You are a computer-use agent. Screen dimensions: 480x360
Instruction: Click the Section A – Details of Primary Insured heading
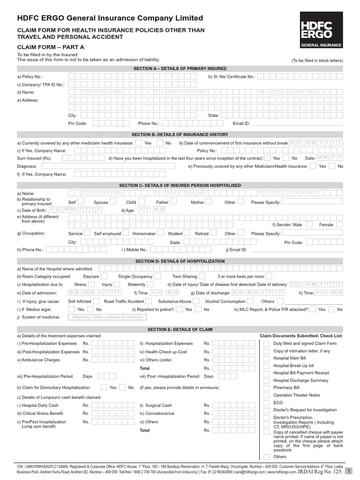(x=180, y=68)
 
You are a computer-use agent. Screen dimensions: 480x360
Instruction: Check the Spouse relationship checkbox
(x=113, y=202)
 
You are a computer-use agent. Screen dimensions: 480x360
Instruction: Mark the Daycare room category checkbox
(x=104, y=277)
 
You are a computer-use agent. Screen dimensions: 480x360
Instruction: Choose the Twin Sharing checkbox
(x=202, y=277)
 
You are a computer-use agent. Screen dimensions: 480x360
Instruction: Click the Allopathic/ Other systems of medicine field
(x=107, y=317)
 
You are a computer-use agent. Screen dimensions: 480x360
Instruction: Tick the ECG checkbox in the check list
(x=266, y=402)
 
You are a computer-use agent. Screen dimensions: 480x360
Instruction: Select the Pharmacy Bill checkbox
(x=266, y=388)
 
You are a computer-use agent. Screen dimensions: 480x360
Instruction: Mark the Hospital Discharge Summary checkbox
(x=266, y=380)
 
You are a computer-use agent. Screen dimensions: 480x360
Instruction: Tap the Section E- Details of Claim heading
(x=180, y=330)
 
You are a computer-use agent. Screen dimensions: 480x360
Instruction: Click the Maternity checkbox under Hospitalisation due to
(x=151, y=285)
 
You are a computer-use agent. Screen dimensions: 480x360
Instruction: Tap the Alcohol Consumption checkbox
(x=250, y=301)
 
